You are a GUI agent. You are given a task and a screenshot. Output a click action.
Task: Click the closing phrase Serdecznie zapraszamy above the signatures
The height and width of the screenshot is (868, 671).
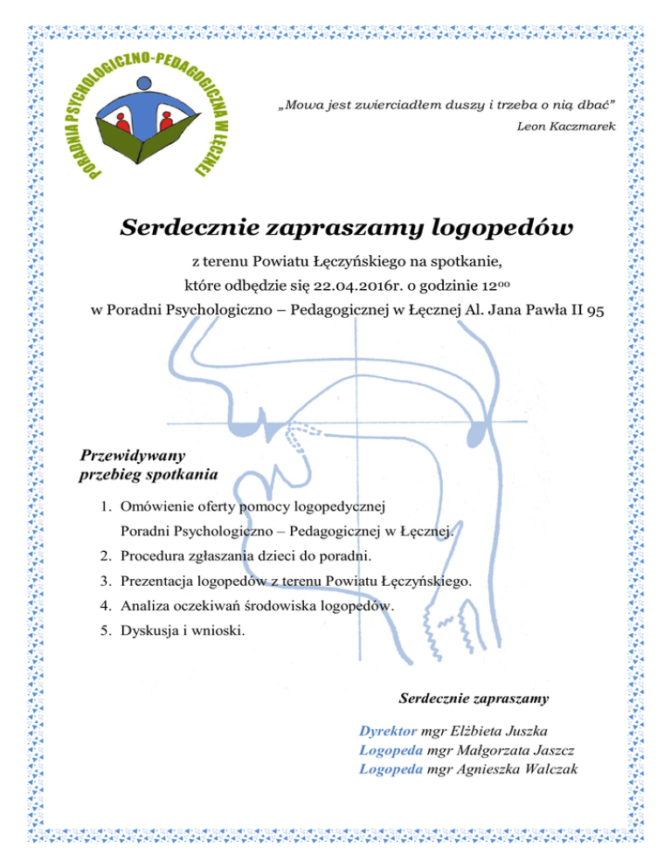tap(473, 698)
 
